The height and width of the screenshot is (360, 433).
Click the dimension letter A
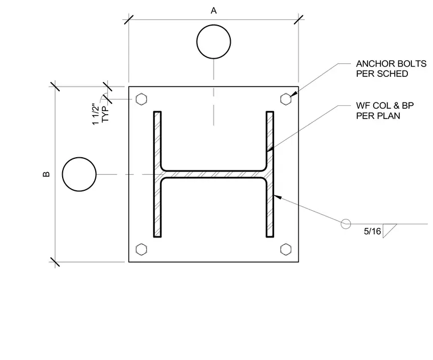pos(214,11)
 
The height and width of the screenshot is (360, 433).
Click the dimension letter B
pos(46,174)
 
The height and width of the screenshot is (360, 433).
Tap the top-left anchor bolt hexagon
pos(141,99)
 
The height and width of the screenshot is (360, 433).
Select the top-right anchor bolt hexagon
pos(286,99)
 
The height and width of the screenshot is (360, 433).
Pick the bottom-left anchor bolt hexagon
pos(141,249)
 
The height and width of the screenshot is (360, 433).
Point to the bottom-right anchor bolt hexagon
pos(286,249)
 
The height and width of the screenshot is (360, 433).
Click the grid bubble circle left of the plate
pos(63,174)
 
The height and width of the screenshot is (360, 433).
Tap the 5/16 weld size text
pos(372,231)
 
